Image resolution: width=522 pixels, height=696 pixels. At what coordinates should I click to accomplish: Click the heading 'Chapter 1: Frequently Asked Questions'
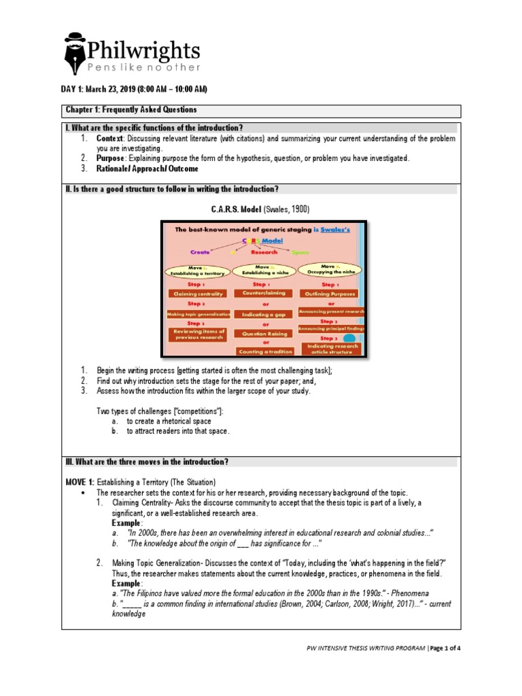[131, 110]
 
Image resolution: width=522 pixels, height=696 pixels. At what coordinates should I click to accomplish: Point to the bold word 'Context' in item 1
[109, 139]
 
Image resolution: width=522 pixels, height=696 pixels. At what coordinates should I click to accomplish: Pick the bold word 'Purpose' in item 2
[111, 158]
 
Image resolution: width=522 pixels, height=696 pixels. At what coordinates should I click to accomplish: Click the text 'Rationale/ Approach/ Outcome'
[147, 169]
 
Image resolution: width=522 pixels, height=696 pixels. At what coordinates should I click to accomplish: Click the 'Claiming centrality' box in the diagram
[197, 294]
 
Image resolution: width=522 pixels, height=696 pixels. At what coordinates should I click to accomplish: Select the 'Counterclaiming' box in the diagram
[262, 293]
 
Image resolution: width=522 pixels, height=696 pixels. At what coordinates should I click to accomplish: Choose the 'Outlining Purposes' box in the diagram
[331, 294]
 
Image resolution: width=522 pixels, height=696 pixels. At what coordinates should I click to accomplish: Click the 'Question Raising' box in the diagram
[262, 334]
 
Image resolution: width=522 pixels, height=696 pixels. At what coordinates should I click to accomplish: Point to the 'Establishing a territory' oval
[198, 271]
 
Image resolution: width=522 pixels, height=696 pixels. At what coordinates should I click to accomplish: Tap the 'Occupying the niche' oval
[331, 269]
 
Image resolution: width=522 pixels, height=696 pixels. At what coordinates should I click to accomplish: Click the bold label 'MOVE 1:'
[78, 481]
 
